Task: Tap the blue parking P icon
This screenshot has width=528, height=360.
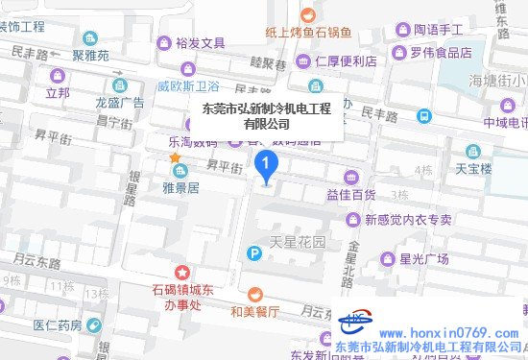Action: tap(253, 254)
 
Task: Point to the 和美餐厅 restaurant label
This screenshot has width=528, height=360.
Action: tap(254, 311)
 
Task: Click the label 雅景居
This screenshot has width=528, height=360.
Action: tap(180, 188)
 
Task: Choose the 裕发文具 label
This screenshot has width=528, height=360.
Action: tap(201, 43)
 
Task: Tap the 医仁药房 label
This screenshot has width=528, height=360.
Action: tap(58, 325)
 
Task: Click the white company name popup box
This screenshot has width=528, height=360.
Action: tap(265, 115)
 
